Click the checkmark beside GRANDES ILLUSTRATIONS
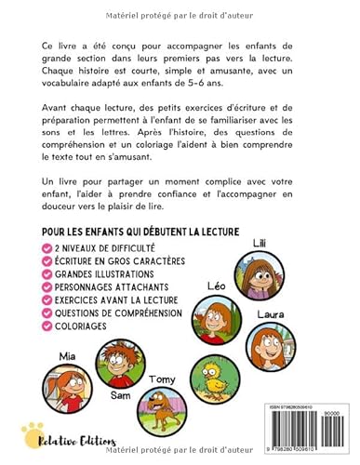tap(47, 274)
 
